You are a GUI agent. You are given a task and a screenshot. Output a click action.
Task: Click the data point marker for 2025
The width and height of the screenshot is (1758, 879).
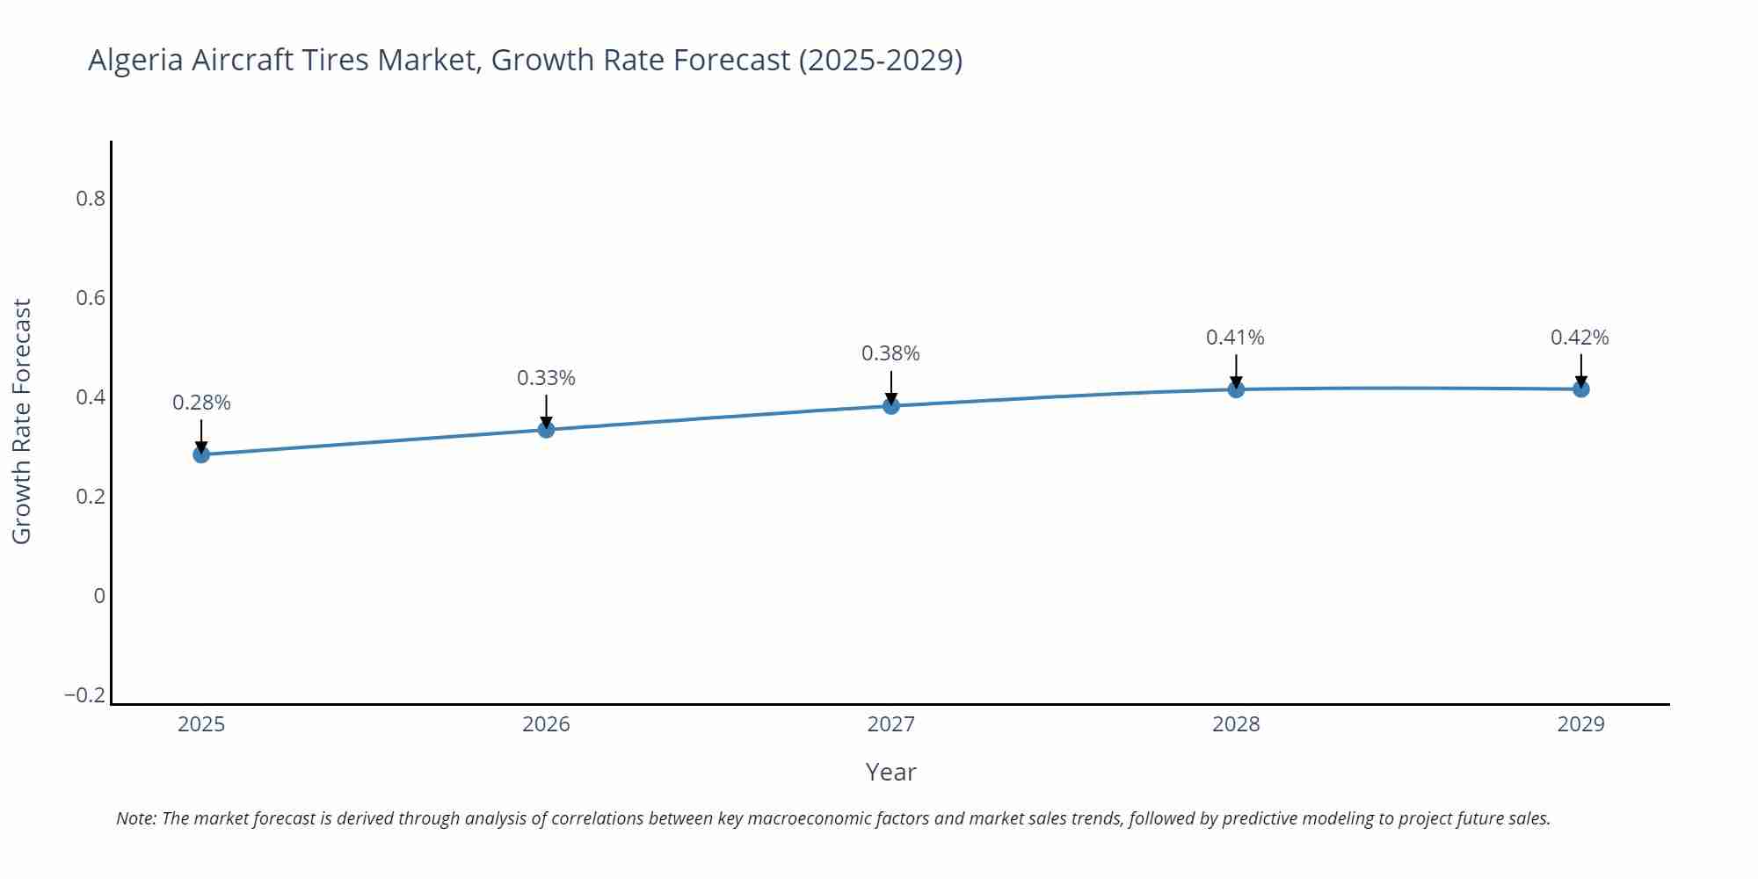(201, 454)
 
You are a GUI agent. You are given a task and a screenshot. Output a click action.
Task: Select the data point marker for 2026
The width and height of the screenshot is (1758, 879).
(546, 430)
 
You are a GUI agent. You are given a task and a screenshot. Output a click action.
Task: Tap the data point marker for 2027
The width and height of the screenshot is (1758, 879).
(891, 405)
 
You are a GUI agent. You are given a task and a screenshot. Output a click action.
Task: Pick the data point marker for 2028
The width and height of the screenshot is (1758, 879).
(1236, 389)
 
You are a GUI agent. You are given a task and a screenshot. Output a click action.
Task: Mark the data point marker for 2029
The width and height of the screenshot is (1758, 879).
(1581, 389)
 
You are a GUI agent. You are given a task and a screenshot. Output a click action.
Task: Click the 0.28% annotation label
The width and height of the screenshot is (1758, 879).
(201, 403)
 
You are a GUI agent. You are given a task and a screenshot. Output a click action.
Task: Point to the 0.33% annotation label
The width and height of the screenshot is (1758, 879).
(546, 378)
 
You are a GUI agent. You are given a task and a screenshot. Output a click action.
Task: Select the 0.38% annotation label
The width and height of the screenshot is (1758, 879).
(890, 353)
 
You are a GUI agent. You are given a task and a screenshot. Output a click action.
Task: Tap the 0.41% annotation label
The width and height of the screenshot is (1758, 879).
(1235, 338)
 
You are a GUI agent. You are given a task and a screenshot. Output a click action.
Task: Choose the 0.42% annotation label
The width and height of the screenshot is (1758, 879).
(1580, 338)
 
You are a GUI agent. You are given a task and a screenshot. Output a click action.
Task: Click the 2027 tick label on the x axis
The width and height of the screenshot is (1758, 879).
(891, 724)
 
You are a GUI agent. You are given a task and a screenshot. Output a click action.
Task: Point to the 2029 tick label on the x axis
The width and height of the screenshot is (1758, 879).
(1580, 724)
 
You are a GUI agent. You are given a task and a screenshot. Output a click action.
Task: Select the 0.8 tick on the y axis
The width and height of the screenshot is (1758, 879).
(91, 199)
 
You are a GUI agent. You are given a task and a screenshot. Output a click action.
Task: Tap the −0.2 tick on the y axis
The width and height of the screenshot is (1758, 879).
(84, 695)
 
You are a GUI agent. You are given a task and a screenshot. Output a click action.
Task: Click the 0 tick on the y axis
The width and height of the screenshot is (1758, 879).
(99, 596)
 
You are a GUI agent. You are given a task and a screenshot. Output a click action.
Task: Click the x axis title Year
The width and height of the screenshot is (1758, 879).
(890, 772)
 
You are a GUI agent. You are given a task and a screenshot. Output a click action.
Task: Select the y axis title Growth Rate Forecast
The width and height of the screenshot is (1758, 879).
(22, 421)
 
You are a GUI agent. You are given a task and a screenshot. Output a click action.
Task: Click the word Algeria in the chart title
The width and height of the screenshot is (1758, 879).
(135, 61)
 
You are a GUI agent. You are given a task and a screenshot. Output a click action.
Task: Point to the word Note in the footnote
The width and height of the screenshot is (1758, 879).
(135, 818)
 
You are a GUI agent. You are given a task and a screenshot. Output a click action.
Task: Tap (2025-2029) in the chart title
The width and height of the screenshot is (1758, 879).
(881, 61)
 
